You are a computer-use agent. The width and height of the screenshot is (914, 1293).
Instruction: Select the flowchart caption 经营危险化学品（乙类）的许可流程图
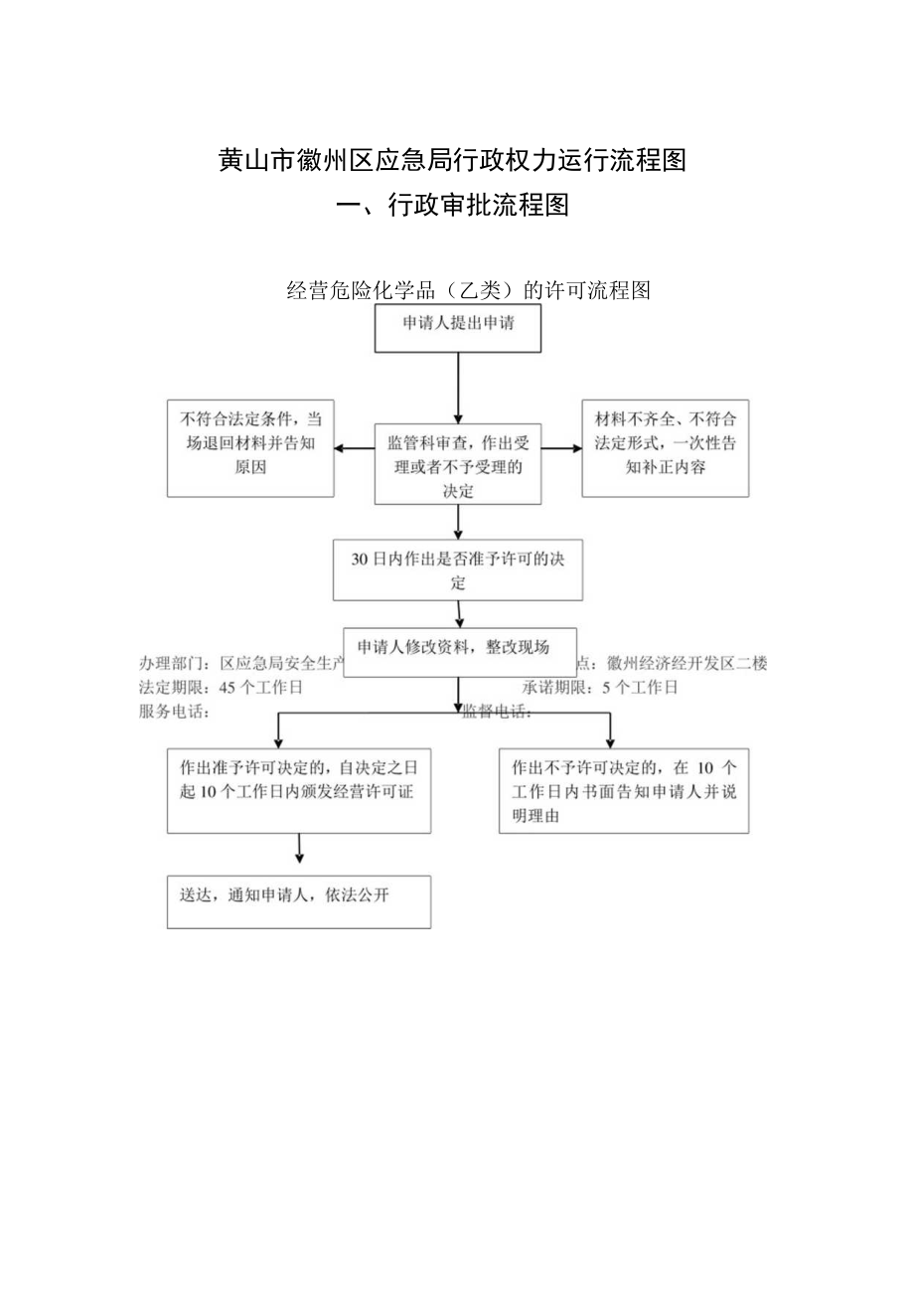pyautogui.click(x=467, y=290)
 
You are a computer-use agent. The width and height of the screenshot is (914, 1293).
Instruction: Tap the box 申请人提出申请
pyautogui.click(x=458, y=329)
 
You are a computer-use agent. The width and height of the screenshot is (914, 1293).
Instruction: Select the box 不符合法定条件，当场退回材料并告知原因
pyautogui.click(x=250, y=448)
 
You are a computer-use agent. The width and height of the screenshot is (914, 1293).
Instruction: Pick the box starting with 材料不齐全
pyautogui.click(x=665, y=448)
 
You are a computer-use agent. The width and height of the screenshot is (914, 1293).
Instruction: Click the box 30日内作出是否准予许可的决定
pyautogui.click(x=458, y=570)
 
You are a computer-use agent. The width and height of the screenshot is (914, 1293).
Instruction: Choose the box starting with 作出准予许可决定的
pyautogui.click(x=298, y=790)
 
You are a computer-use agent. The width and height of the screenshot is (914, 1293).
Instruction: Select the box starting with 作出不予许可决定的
pyautogui.click(x=624, y=790)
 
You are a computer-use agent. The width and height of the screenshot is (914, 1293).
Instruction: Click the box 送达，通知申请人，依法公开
pyautogui.click(x=298, y=901)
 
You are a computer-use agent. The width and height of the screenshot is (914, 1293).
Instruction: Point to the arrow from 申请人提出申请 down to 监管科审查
pyautogui.click(x=458, y=388)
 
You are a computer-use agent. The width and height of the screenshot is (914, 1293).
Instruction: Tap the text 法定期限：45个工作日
pyautogui.click(x=221, y=688)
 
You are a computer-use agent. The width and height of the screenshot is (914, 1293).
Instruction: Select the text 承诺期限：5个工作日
pyautogui.click(x=600, y=688)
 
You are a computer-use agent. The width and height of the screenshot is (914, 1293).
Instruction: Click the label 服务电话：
pyautogui.click(x=174, y=711)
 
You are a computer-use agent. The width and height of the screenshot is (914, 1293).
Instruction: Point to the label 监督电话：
pyautogui.click(x=497, y=712)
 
